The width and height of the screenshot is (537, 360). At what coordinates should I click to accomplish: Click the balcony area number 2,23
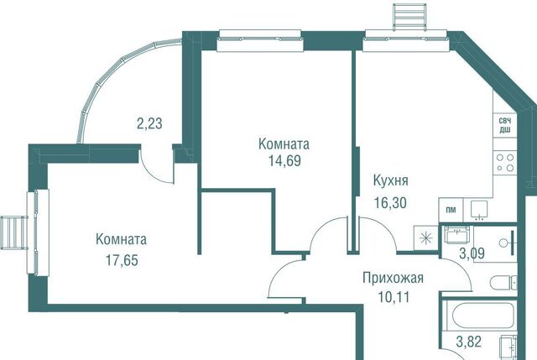tap(149, 123)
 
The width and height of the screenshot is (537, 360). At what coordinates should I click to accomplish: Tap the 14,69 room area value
tap(284, 160)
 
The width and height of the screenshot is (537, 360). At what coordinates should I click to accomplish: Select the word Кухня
tap(390, 180)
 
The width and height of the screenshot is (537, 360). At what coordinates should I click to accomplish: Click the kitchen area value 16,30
tap(390, 203)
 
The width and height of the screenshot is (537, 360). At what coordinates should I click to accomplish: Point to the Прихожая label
tap(394, 278)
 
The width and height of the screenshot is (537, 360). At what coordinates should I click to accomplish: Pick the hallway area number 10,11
tap(394, 296)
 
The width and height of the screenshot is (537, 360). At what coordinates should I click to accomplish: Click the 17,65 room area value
tap(122, 260)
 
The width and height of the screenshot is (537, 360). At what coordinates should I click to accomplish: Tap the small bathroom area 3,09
tap(472, 253)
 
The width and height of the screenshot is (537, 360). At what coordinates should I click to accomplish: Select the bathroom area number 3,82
tap(469, 342)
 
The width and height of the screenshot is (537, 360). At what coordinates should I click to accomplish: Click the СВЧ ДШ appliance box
tap(504, 125)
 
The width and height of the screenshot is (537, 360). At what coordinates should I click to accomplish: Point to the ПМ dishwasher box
tap(451, 210)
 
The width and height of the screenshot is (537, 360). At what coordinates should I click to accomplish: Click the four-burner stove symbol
tap(505, 163)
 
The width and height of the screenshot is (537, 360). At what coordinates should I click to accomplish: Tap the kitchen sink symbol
tap(479, 210)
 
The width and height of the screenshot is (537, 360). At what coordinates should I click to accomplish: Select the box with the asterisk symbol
tap(425, 237)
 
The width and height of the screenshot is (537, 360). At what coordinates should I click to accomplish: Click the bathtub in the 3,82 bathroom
tap(480, 316)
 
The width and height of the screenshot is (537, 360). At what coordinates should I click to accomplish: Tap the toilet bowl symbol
tap(503, 284)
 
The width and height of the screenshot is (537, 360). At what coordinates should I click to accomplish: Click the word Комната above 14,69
tap(284, 144)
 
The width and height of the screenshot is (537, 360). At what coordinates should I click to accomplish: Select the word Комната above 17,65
tap(121, 239)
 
